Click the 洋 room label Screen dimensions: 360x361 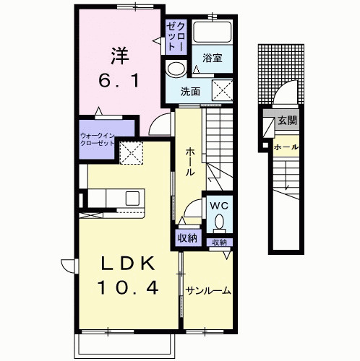click(120, 56)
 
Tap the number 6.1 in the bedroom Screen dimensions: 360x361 click(119, 81)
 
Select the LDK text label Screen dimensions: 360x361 click(127, 264)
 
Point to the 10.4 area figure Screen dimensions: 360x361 click(128, 287)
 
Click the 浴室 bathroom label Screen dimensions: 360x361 click(212, 58)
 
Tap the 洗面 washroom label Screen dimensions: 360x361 click(190, 92)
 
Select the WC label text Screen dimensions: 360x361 click(219, 206)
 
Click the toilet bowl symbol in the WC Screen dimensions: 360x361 click(219, 222)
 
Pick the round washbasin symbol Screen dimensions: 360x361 click(176, 69)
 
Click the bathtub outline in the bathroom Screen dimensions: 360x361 click(213, 32)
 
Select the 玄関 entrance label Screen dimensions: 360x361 click(288, 121)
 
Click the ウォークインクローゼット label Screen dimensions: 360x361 click(97, 139)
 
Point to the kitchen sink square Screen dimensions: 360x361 click(132, 198)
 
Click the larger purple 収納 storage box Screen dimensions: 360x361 click(188, 238)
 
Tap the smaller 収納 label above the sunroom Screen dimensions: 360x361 click(219, 243)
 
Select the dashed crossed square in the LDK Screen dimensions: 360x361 click(132, 153)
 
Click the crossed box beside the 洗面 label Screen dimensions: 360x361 click(222, 90)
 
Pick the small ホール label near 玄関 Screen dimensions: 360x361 click(286, 147)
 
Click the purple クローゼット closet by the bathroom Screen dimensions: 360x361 click(176, 37)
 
